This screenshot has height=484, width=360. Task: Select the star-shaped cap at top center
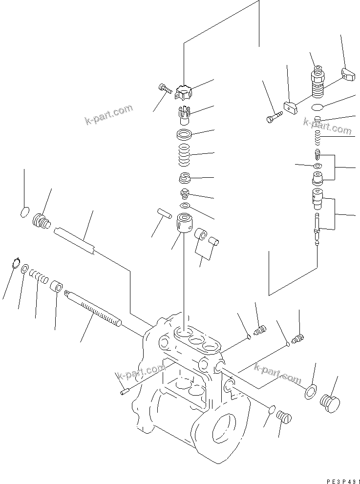(x=184, y=92)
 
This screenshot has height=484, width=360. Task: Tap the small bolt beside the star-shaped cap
(x=164, y=88)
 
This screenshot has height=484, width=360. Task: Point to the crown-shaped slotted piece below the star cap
(x=184, y=114)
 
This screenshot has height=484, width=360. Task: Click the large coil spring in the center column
(x=184, y=154)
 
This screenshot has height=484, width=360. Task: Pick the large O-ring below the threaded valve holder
(x=318, y=107)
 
